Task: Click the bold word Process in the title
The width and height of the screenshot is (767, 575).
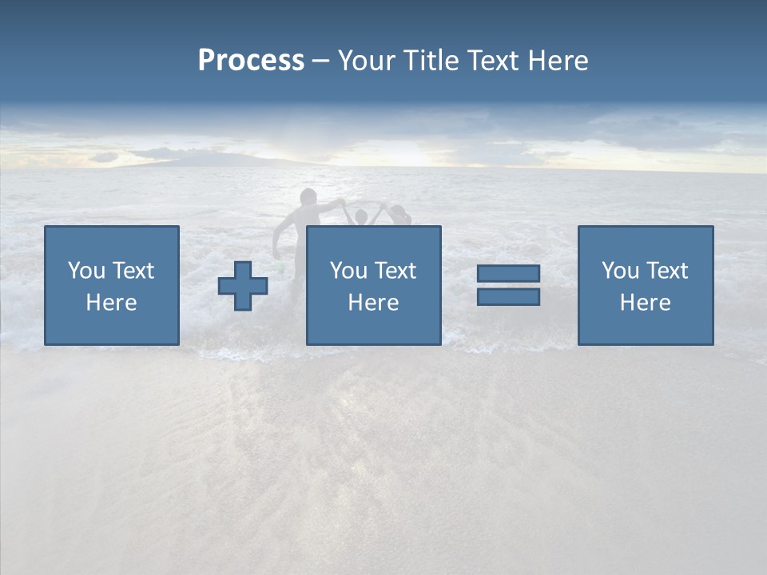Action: (x=251, y=61)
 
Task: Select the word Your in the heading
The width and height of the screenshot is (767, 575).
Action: (x=370, y=61)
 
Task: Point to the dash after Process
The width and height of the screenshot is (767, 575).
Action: (x=320, y=61)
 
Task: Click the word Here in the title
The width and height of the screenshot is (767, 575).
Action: (x=558, y=61)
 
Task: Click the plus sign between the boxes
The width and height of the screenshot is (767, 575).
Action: (x=243, y=286)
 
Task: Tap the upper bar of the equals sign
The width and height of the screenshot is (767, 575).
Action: (x=508, y=273)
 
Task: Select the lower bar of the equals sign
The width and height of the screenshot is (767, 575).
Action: (x=508, y=296)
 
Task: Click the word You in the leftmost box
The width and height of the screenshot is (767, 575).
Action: (x=86, y=271)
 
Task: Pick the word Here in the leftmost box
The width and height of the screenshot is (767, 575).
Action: (x=111, y=303)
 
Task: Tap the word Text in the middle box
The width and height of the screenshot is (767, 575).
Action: (x=395, y=271)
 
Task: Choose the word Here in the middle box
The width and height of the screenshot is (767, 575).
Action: (x=373, y=303)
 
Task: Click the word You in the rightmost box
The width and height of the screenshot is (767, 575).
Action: (x=620, y=271)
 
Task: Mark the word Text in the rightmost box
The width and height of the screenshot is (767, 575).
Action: (x=667, y=271)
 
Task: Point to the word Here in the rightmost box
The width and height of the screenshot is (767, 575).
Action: (x=645, y=303)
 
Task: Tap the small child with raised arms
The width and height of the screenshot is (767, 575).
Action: (x=360, y=217)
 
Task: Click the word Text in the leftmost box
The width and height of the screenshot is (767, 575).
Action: (x=133, y=271)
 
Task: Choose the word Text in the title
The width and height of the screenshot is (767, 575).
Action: (x=493, y=61)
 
